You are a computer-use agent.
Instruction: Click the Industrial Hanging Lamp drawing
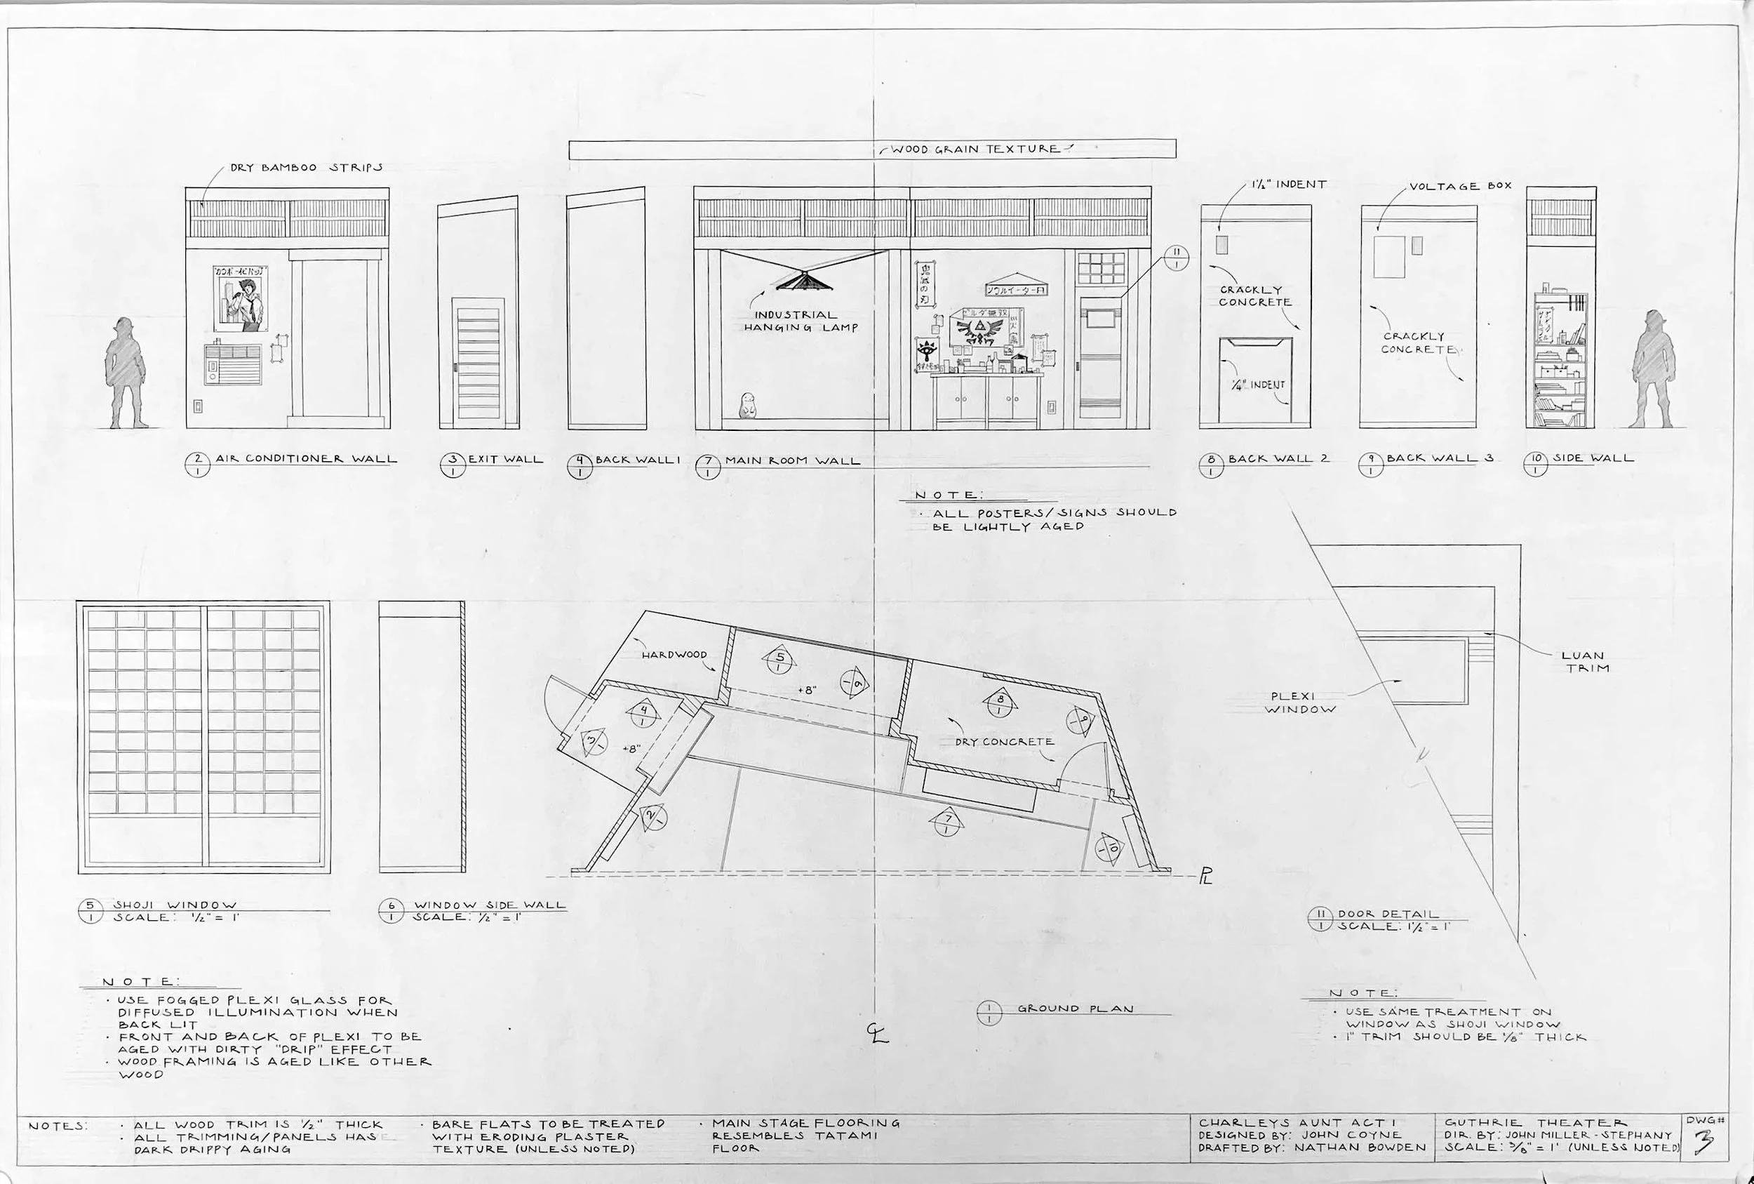(805, 280)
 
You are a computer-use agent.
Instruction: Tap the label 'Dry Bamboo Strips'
(306, 168)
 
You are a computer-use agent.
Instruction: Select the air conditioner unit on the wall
(233, 364)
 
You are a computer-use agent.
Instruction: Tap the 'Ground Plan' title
(1075, 1008)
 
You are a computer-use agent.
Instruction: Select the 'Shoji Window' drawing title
(175, 905)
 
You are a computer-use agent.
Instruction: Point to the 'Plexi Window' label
(1299, 703)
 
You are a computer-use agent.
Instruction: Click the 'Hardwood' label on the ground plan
(674, 655)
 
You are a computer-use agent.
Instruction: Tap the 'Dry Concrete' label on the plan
(1004, 742)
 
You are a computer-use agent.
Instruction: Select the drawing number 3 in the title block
(1703, 1143)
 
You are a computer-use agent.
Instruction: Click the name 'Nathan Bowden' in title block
(1359, 1148)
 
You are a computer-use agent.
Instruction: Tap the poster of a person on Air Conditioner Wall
(241, 298)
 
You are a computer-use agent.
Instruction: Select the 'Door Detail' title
(1388, 914)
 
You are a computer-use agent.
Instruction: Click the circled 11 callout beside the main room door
(1176, 258)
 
